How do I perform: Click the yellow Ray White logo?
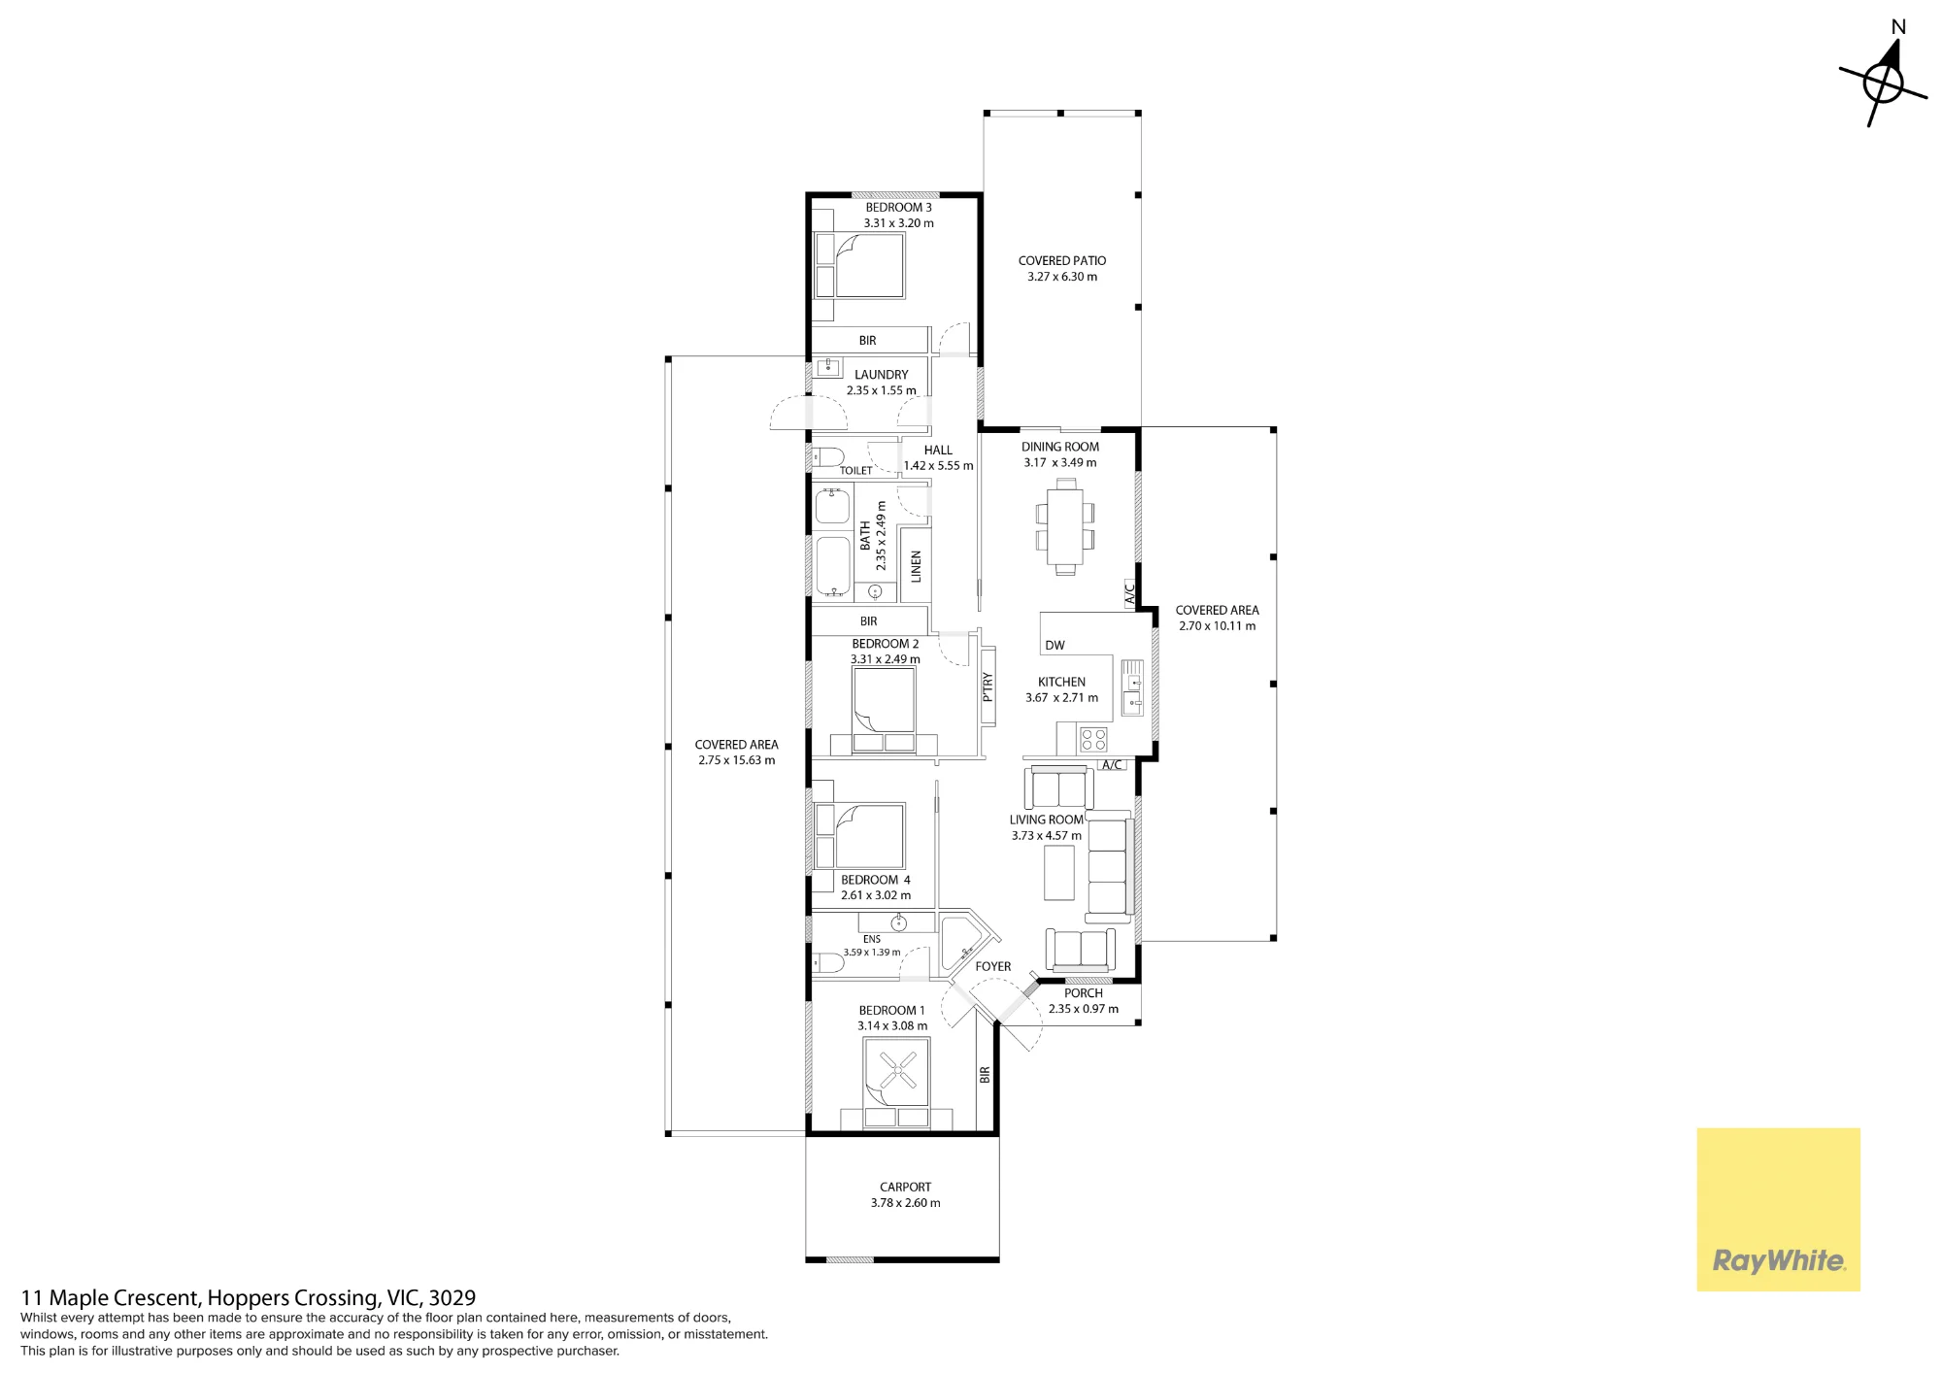click(1778, 1209)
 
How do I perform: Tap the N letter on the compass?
click(1898, 27)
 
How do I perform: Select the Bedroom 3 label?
click(898, 208)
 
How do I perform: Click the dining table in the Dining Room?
click(1065, 527)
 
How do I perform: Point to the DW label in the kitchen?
click(1055, 646)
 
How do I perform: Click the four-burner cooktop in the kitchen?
click(1093, 740)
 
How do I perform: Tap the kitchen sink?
click(1132, 688)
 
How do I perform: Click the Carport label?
click(905, 1188)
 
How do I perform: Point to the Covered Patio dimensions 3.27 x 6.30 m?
click(1062, 277)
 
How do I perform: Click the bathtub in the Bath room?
click(833, 566)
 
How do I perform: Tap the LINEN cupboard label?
click(916, 566)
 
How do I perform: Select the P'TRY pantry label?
click(988, 686)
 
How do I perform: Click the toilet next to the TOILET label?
click(827, 456)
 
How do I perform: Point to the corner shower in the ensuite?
click(965, 944)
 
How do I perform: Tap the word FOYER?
click(993, 967)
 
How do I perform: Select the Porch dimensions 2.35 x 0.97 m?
click(1084, 1009)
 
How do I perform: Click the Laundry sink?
click(828, 367)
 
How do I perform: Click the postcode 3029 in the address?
click(452, 1298)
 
